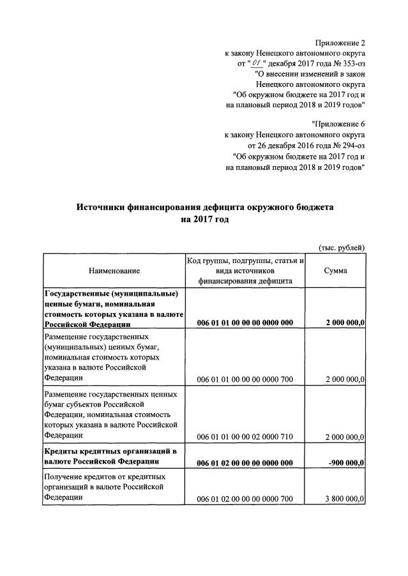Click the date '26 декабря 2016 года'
[289, 146]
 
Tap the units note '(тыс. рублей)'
[342, 247]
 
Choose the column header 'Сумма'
[336, 271]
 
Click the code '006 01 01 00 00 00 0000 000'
[245, 323]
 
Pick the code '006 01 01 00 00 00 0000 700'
[245, 380]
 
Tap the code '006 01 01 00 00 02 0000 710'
[245, 437]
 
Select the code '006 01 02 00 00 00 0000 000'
[245, 463]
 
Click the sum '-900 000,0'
[345, 463]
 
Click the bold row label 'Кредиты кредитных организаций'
[102, 451]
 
